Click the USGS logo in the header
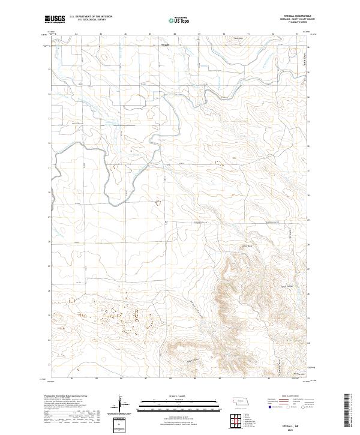click(55, 20)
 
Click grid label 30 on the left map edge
click(50, 192)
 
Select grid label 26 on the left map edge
click(50, 290)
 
